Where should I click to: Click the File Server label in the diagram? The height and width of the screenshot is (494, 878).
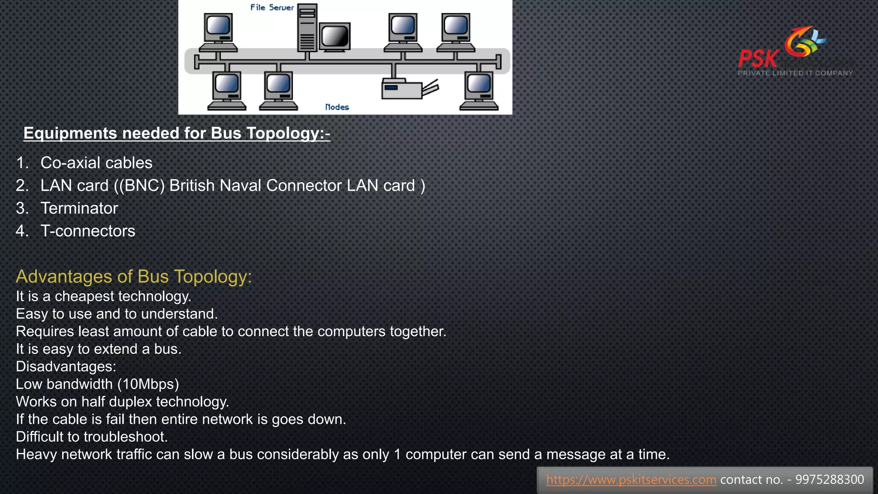tap(272, 8)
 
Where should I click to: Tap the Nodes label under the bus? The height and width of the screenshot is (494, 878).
tap(337, 107)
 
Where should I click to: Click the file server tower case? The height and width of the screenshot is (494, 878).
tap(307, 28)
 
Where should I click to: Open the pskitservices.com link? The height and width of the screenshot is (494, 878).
tap(631, 479)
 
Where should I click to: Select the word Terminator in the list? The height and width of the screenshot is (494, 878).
tap(79, 208)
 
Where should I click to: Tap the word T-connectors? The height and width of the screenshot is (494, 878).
tap(88, 231)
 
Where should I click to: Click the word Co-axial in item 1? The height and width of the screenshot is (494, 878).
tap(71, 163)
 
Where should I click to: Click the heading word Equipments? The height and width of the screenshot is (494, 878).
tap(70, 133)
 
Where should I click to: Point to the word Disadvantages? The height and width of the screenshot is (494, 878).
tap(66, 367)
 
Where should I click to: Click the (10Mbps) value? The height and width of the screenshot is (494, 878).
tap(148, 384)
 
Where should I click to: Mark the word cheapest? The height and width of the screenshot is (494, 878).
tap(84, 296)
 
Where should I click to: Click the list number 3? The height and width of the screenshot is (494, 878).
tap(21, 208)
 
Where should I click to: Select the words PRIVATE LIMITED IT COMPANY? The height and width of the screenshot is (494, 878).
tap(795, 73)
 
